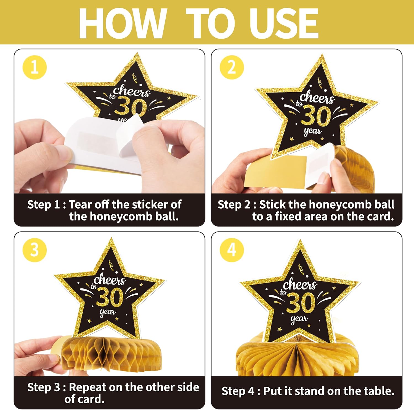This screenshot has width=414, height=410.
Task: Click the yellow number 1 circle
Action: [34, 67]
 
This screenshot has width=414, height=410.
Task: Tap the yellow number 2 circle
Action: [232, 67]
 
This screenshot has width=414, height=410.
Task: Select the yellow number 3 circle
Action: [34, 250]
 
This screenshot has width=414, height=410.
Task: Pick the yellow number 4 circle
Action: [232, 250]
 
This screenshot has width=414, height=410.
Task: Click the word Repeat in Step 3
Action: [87, 388]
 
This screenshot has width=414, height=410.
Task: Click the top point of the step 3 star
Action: [111, 238]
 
